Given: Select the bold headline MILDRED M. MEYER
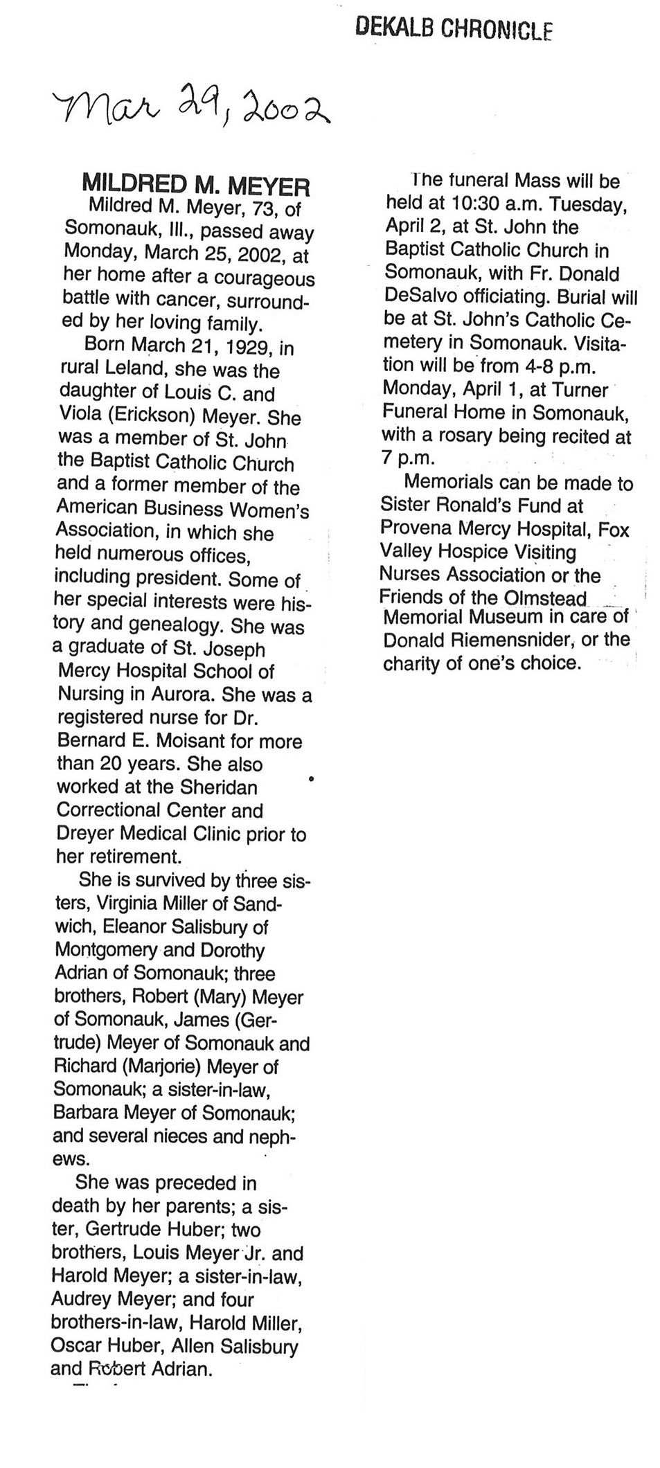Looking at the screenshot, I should coord(195,185).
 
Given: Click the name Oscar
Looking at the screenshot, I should coord(74,1346).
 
